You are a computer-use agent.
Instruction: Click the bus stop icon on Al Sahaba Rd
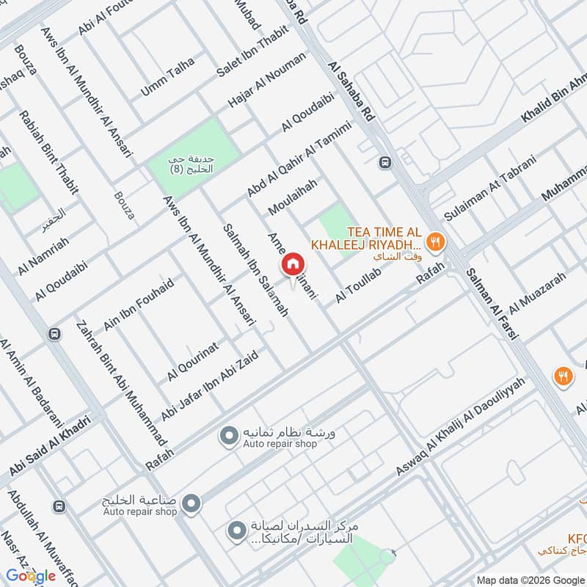(384, 162)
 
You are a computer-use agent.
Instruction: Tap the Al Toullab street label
(360, 285)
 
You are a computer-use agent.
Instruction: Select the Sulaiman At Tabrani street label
(491, 188)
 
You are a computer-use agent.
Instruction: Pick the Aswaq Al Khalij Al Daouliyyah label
(462, 426)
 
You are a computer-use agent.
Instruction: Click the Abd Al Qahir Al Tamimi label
(299, 158)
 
